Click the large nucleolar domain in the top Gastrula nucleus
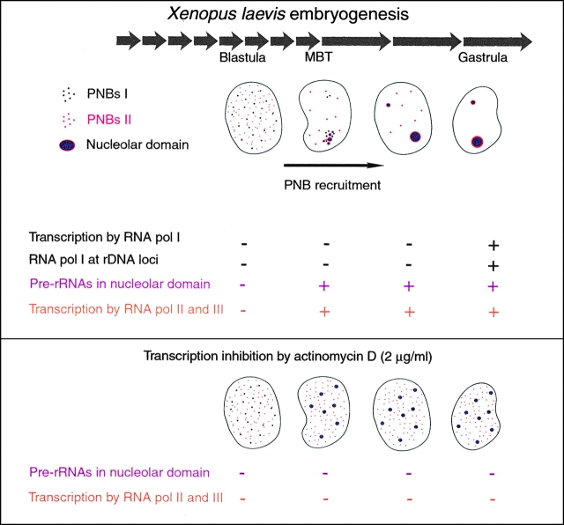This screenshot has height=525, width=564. pyautogui.click(x=477, y=141)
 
